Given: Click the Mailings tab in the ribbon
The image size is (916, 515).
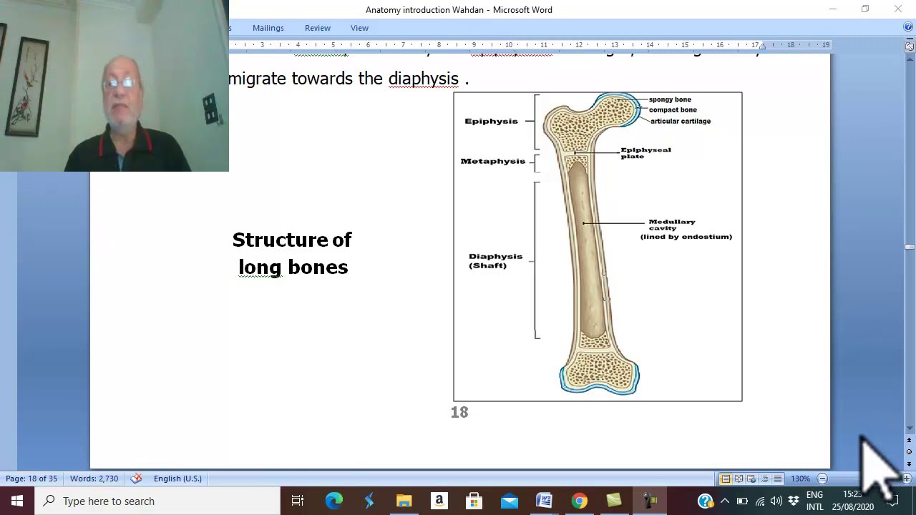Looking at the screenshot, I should (268, 28).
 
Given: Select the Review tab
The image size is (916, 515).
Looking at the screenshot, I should (317, 28).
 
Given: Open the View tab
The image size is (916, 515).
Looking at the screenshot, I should (359, 28).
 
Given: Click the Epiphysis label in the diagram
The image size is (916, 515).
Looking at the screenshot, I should (491, 121).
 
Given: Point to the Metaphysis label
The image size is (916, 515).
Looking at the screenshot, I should (492, 161).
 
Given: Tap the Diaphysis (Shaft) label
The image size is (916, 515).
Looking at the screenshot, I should (494, 260).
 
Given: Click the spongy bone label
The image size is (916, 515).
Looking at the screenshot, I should (670, 99).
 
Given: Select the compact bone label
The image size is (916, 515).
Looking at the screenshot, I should (673, 110).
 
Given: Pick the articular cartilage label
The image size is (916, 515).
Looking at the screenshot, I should (680, 121).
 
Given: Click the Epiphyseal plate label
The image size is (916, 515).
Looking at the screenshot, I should (645, 153).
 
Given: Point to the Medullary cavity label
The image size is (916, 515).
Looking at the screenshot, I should (672, 225).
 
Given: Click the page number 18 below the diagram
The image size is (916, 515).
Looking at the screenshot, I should (459, 412).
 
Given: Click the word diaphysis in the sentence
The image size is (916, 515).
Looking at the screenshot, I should (423, 79).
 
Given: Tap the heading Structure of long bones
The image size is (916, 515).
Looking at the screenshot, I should (292, 253).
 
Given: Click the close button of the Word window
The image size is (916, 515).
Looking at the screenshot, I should (897, 9).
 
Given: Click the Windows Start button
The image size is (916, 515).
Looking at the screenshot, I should (17, 501).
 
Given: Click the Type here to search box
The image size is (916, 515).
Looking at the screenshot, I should (157, 501).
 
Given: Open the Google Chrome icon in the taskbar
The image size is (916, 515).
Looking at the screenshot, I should (579, 501).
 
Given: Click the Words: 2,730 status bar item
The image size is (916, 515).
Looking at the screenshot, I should (94, 479).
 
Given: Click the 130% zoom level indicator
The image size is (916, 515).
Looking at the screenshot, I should (800, 479).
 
